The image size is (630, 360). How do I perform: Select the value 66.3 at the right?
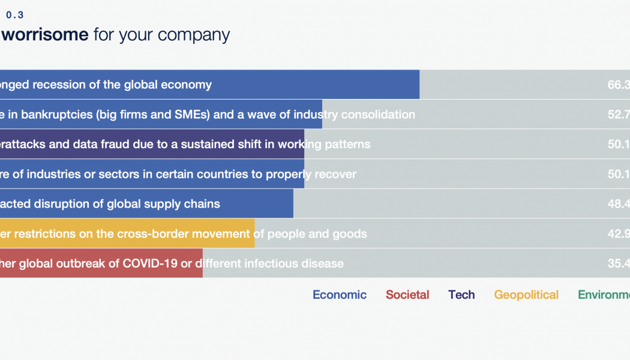(x=619, y=85)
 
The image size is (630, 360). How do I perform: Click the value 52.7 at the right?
(x=619, y=115)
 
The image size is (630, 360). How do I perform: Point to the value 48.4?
(x=619, y=204)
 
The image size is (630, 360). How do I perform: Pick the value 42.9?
(x=619, y=233)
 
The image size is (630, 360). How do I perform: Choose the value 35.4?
(x=619, y=263)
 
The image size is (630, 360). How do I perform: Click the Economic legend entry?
(x=340, y=295)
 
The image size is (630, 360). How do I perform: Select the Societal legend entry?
(x=407, y=295)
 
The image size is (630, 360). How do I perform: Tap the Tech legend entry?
(x=461, y=295)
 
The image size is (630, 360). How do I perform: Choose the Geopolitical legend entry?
(x=526, y=295)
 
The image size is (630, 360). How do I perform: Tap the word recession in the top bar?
(x=58, y=85)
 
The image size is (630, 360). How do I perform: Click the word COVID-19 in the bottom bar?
(x=159, y=263)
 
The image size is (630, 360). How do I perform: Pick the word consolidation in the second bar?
(x=378, y=115)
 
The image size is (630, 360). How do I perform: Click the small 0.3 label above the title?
(x=15, y=15)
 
